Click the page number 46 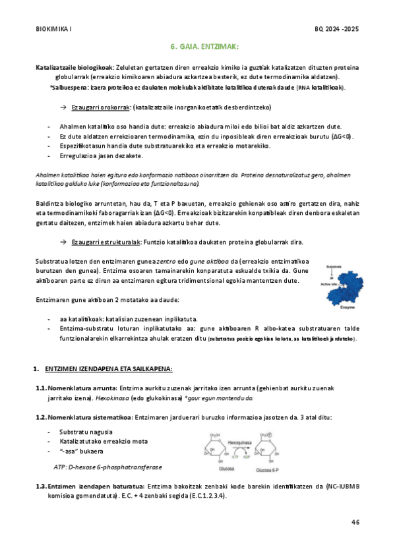tap(355, 522)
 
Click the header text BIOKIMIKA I tap(54, 30)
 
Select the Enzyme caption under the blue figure tap(348, 308)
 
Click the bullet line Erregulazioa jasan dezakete tap(97, 156)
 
